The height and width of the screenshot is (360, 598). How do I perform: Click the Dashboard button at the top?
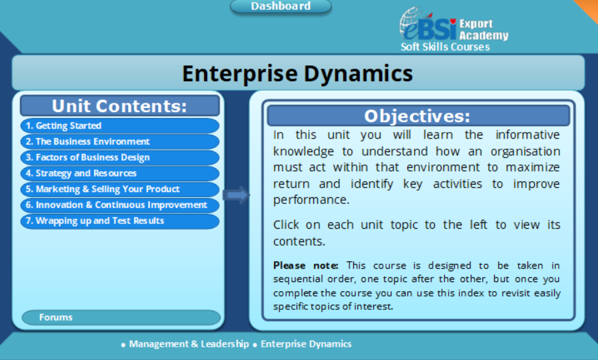(281, 6)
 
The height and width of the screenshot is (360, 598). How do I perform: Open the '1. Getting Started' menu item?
(119, 125)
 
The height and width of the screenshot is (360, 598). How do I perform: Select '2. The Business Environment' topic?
(119, 141)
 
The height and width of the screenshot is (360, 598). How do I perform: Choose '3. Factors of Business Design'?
(119, 157)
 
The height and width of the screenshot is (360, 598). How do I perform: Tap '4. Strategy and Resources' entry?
(119, 173)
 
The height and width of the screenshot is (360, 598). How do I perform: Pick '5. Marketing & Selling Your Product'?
(119, 189)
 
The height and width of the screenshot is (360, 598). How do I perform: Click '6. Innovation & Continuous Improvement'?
(119, 205)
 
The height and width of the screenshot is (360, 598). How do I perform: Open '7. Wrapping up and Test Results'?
(119, 221)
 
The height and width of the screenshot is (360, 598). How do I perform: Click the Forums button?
(121, 317)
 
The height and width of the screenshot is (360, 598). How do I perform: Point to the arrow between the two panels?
(235, 195)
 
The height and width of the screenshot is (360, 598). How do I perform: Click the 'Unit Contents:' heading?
(119, 106)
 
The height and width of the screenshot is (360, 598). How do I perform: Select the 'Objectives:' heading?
(417, 116)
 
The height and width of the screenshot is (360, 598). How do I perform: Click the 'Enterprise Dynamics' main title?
(297, 73)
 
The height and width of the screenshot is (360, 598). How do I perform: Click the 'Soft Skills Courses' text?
(445, 47)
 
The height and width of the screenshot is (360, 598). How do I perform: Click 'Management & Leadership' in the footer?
(189, 344)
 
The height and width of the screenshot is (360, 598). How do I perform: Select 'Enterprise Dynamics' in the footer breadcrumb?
(305, 344)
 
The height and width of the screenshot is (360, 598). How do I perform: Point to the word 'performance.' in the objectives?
(312, 199)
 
